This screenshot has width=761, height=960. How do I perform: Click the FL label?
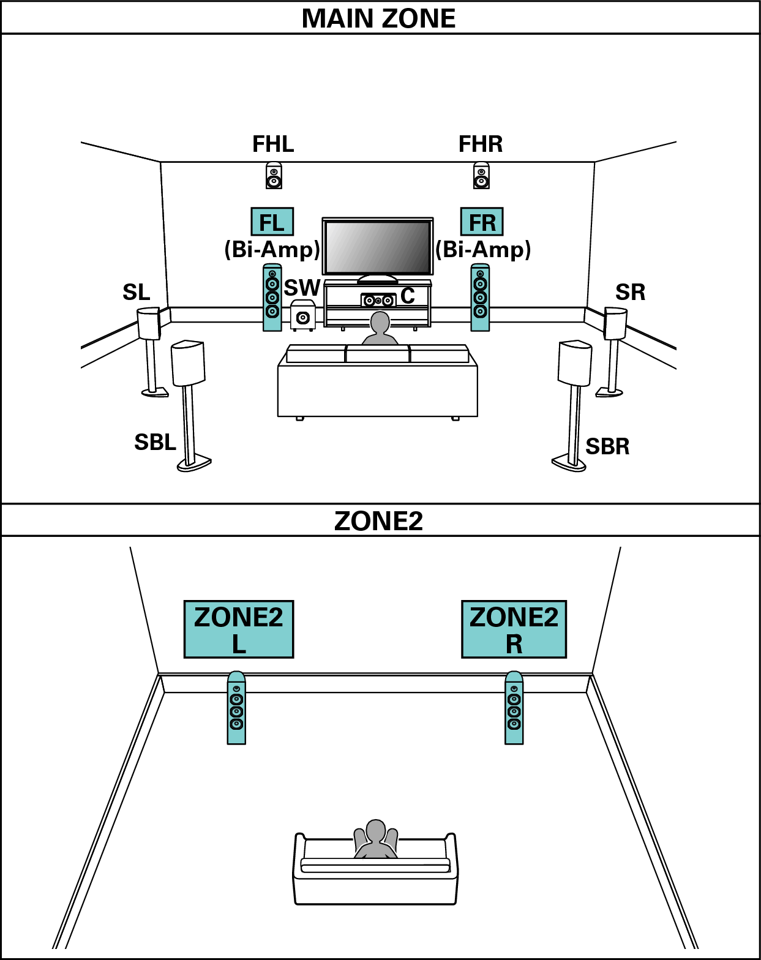272,222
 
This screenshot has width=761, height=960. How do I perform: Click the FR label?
482,222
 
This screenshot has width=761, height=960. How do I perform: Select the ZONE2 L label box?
239,629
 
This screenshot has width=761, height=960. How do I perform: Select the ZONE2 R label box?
514,629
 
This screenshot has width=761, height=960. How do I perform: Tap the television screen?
378,247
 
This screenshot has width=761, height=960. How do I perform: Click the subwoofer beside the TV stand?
302,315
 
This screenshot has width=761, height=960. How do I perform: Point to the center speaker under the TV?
378,301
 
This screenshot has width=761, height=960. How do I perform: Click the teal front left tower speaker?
272,298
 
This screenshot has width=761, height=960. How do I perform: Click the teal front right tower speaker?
480,298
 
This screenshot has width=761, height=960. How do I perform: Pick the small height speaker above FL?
274,175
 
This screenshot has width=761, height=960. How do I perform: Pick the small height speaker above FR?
481,175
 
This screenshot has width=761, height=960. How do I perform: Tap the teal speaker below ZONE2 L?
236,708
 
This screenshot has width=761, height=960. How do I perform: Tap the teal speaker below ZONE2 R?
514,708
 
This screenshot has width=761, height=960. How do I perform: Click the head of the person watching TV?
380,322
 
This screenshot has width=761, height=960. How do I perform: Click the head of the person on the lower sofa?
375,831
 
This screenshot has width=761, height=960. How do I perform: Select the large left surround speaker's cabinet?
188,363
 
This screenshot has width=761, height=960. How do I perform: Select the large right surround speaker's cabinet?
575,363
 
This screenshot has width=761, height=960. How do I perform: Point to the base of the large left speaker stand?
193,463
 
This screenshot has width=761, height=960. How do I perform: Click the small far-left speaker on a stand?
148,324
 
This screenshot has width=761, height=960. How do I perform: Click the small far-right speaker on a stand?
616,324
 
